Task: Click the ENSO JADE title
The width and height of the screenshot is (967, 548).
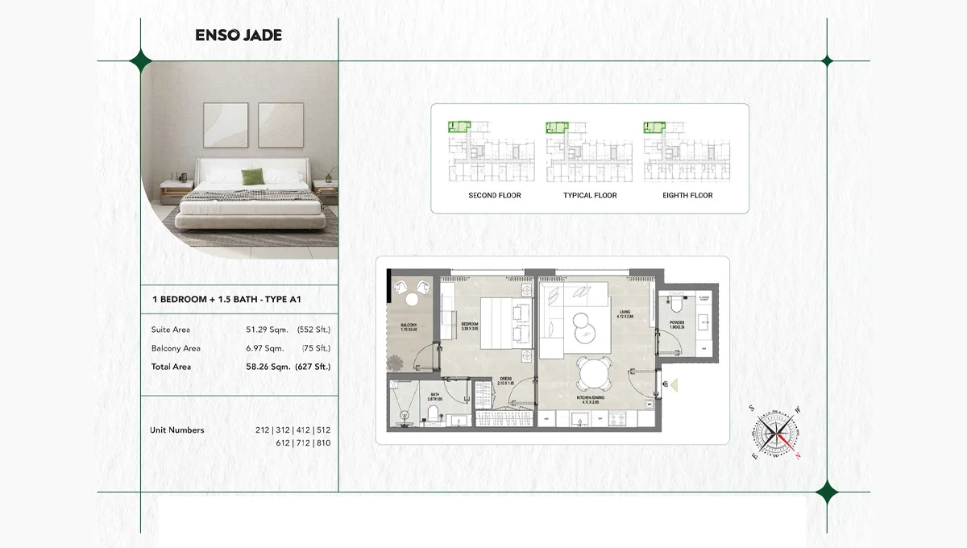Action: pos(239,35)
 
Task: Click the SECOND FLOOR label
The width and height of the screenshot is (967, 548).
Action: pos(495,196)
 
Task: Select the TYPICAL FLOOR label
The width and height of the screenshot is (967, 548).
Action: pos(590,196)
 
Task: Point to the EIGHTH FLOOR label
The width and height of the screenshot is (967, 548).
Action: pos(687,196)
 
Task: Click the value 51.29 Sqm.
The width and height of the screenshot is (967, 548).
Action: pos(265,330)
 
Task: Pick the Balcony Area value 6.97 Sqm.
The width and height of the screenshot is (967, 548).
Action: pos(265,348)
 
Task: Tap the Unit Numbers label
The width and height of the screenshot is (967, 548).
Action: pos(177,430)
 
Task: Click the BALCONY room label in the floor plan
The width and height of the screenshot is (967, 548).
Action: pos(408,327)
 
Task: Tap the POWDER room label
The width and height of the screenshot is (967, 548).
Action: pos(676,322)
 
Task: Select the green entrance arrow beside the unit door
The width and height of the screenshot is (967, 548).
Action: pos(674,386)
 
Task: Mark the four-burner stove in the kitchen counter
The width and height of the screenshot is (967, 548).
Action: pos(617,419)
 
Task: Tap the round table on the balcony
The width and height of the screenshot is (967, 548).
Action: pos(412,299)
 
